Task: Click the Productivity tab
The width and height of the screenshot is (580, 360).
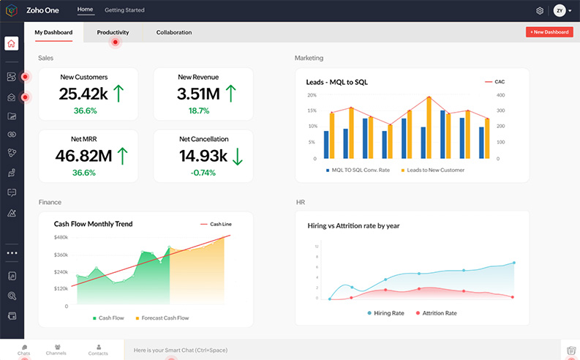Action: click(113, 32)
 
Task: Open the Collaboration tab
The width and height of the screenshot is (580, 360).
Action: click(173, 32)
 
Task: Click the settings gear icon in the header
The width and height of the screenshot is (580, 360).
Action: click(540, 11)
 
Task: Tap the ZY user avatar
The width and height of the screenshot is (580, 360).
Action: click(560, 11)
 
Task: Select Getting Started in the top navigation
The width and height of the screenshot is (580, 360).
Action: click(124, 10)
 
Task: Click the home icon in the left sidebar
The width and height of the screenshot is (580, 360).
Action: click(12, 43)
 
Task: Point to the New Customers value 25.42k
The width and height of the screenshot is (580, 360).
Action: click(83, 94)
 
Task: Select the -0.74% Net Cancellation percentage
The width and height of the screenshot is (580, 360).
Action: click(203, 173)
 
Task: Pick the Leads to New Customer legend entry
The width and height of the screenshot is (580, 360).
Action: click(435, 170)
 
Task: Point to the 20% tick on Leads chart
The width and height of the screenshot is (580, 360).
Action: click(312, 95)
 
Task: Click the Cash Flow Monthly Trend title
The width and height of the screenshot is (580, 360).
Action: click(93, 224)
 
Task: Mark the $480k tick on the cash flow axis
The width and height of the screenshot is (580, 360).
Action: click(61, 237)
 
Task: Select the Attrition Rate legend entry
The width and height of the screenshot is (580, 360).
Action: click(436, 312)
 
